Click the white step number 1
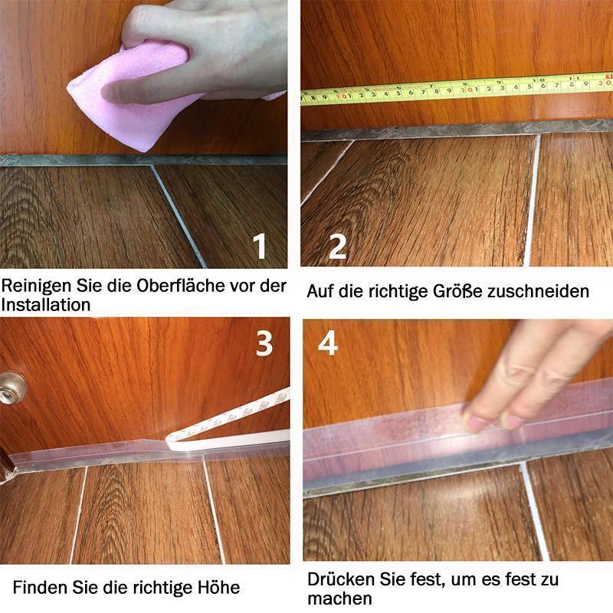coord(260,246)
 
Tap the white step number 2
coord(337,246)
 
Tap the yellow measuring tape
coord(457,90)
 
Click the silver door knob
coord(11,388)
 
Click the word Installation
coord(46,305)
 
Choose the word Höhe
coord(218,587)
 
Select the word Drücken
coord(340,579)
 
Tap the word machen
coord(339,598)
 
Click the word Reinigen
coord(36,286)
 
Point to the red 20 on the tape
coord(467,90)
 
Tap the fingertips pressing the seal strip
coord(493,419)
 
